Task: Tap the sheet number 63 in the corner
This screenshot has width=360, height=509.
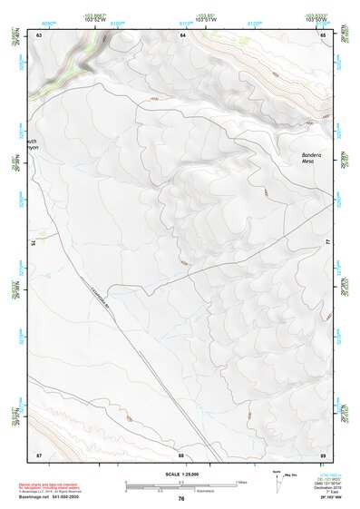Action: [39, 34]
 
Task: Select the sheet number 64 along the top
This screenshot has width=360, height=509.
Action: [182, 34]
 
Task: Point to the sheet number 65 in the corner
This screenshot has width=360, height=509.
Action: [323, 34]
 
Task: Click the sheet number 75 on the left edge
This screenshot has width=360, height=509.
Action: [34, 243]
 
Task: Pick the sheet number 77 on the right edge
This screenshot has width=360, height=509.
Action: [328, 241]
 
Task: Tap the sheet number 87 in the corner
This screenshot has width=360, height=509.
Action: [39, 454]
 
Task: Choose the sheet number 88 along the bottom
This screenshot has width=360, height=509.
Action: [180, 454]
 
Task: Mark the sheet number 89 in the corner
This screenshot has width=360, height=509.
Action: [323, 454]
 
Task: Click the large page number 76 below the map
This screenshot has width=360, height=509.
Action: [181, 498]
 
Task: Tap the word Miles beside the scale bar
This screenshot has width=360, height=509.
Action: [240, 482]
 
